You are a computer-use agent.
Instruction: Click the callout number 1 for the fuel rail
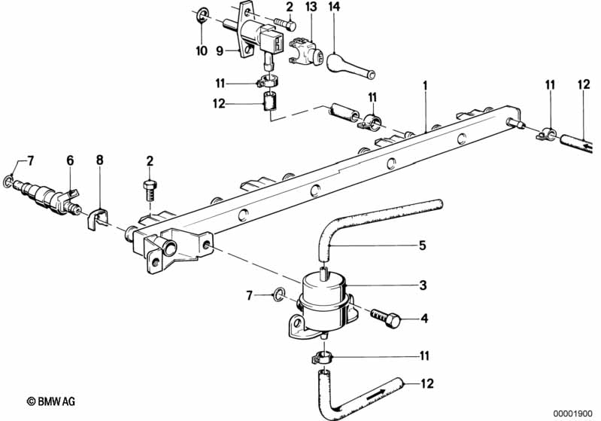pyautogui.click(x=425, y=87)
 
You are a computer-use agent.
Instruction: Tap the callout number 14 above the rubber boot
pyautogui.click(x=334, y=7)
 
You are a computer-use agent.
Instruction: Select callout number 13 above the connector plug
pyautogui.click(x=311, y=7)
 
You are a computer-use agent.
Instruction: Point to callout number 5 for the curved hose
pyautogui.click(x=422, y=246)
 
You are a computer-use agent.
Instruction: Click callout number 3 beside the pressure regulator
pyautogui.click(x=423, y=285)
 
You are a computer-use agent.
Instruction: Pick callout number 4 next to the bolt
pyautogui.click(x=424, y=319)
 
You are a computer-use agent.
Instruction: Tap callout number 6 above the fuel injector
pyautogui.click(x=70, y=160)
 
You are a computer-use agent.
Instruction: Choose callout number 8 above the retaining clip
pyautogui.click(x=99, y=160)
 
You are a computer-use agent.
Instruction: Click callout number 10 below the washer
pyautogui.click(x=202, y=50)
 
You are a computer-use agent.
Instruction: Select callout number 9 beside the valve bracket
pyautogui.click(x=220, y=50)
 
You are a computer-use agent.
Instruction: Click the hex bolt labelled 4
pyautogui.click(x=386, y=318)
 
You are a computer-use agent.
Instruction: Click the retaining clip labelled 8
pyautogui.click(x=96, y=218)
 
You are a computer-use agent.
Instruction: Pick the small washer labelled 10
pyautogui.click(x=202, y=15)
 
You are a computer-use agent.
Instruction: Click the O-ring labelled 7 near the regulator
pyautogui.click(x=278, y=294)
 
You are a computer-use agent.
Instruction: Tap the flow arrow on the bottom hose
pyautogui.click(x=376, y=394)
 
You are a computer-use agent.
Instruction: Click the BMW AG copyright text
pyautogui.click(x=51, y=401)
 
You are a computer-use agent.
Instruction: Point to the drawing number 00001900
pyautogui.click(x=573, y=413)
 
